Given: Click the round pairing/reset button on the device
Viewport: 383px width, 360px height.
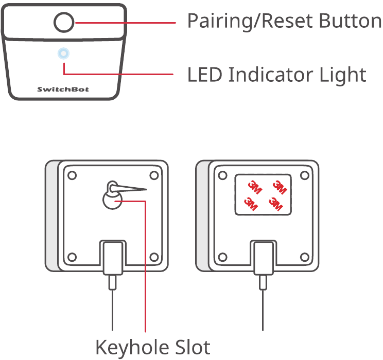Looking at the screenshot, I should pos(64,23).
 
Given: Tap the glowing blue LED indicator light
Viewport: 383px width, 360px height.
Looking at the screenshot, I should pos(63,53).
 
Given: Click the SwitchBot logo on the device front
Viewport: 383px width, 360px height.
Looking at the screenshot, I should pos(63,89).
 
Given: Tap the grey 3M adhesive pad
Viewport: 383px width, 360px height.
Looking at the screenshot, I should pos(263,194).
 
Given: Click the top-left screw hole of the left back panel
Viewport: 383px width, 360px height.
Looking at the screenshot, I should pos(73,175).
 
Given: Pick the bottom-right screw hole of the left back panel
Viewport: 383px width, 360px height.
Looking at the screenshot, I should pos(153,257).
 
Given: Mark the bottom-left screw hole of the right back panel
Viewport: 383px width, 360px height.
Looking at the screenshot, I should pos(222,257).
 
